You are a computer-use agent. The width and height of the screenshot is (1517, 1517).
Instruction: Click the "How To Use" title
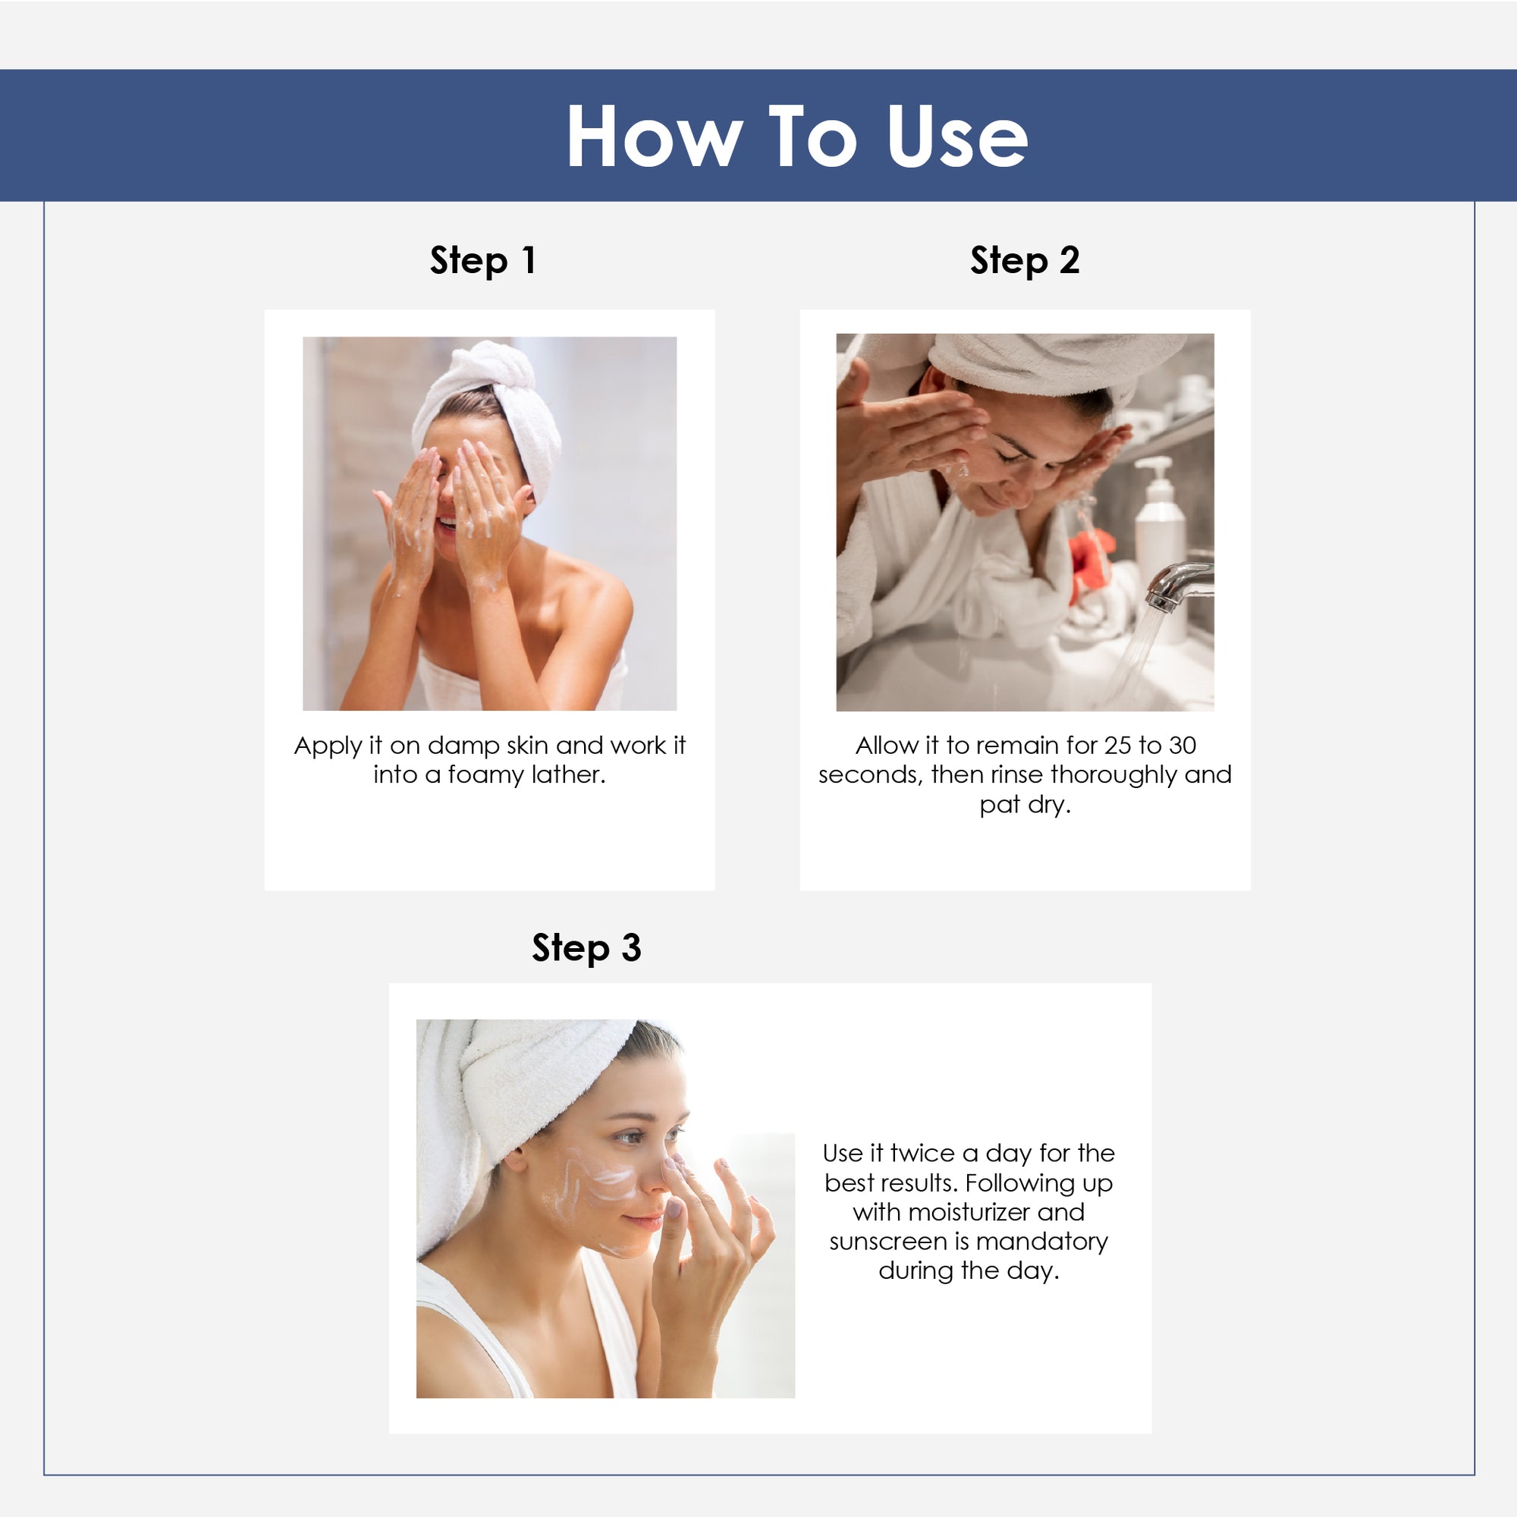pyautogui.click(x=796, y=136)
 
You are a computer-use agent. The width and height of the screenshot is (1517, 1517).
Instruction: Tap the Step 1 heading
pyautogui.click(x=483, y=261)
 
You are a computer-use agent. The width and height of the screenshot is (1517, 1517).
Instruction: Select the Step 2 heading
pyautogui.click(x=1025, y=261)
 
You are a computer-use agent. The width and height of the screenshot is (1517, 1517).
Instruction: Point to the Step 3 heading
pyautogui.click(x=586, y=947)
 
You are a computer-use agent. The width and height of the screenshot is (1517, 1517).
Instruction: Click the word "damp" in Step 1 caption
pyautogui.click(x=463, y=746)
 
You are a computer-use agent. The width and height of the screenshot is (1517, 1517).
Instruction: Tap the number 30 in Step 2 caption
pyautogui.click(x=1181, y=745)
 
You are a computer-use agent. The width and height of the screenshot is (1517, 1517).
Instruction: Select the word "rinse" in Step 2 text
pyautogui.click(x=1017, y=775)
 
